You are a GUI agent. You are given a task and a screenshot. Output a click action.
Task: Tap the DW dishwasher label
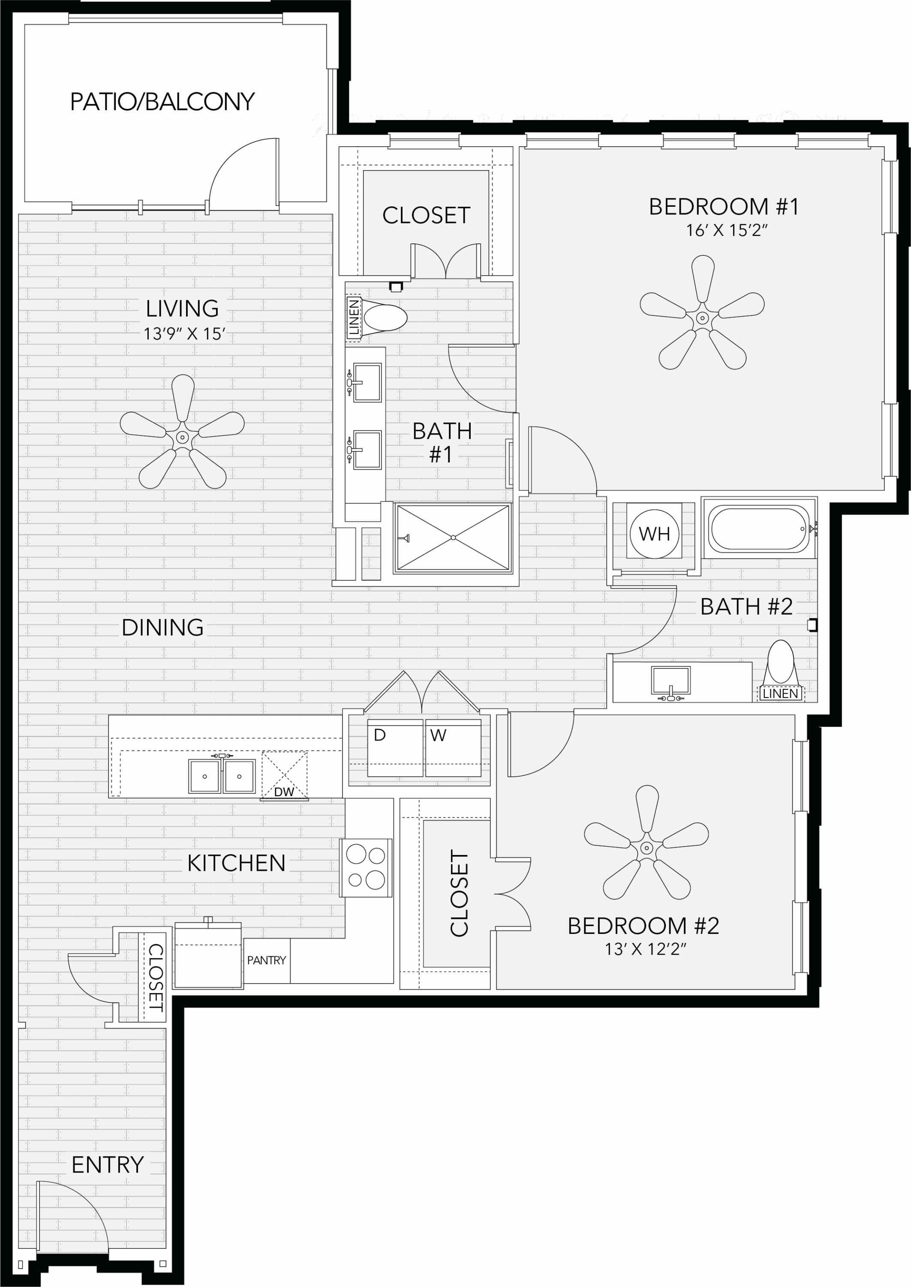click(x=284, y=792)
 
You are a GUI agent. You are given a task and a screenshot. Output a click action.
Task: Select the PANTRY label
click(x=267, y=961)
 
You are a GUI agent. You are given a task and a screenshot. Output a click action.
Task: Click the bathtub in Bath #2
click(x=758, y=529)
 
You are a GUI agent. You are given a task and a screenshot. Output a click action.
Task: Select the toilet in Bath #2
click(x=780, y=663)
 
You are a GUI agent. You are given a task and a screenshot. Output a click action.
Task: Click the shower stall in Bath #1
click(x=453, y=538)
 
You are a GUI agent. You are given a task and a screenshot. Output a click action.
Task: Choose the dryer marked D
click(x=395, y=748)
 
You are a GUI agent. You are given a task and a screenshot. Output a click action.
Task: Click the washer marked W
click(x=453, y=748)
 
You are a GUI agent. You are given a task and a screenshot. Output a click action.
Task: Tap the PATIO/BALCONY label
click(x=162, y=102)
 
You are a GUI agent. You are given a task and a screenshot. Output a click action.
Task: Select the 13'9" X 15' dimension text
click(x=184, y=334)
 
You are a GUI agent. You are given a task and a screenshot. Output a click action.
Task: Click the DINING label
click(x=162, y=628)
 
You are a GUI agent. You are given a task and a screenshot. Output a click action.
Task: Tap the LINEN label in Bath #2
click(x=780, y=694)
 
